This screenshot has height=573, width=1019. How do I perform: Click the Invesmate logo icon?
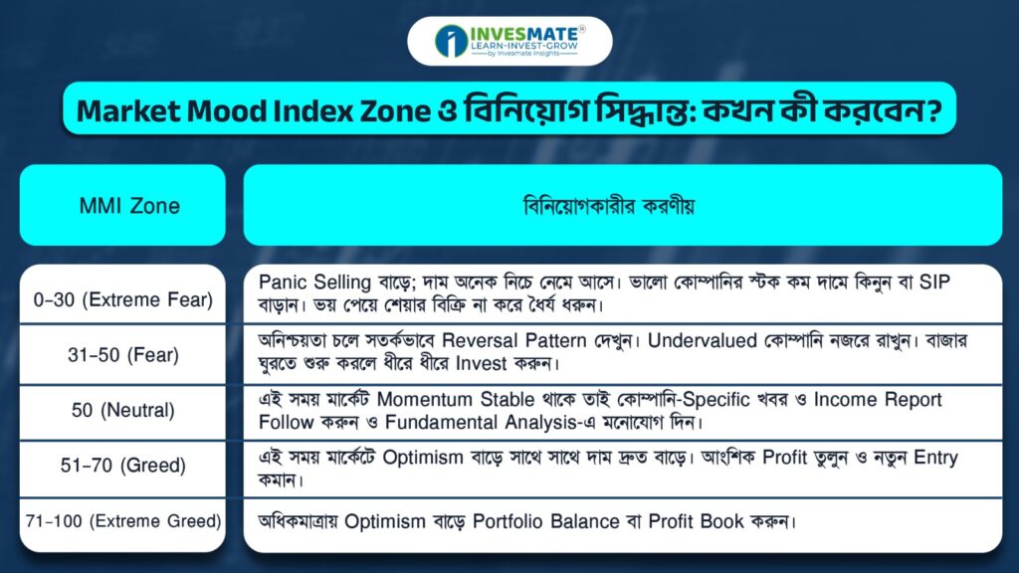point(451,41)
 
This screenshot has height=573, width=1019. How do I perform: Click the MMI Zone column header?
point(129,206)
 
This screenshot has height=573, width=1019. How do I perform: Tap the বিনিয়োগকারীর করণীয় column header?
point(609,206)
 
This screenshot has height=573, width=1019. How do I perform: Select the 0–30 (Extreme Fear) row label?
point(122,299)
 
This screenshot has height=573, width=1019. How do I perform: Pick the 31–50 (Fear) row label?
point(122,355)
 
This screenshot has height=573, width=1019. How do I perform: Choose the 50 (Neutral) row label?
point(122,410)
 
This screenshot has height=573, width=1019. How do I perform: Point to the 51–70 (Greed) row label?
point(122,466)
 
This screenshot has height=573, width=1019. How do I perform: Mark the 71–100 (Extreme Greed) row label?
point(122,521)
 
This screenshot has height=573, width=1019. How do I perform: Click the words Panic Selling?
point(314,283)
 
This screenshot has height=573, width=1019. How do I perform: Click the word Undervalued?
point(702,340)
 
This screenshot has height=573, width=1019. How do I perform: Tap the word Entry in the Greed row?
point(935,458)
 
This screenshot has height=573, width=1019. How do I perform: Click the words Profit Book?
point(696,521)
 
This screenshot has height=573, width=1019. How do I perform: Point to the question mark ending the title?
point(934,110)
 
